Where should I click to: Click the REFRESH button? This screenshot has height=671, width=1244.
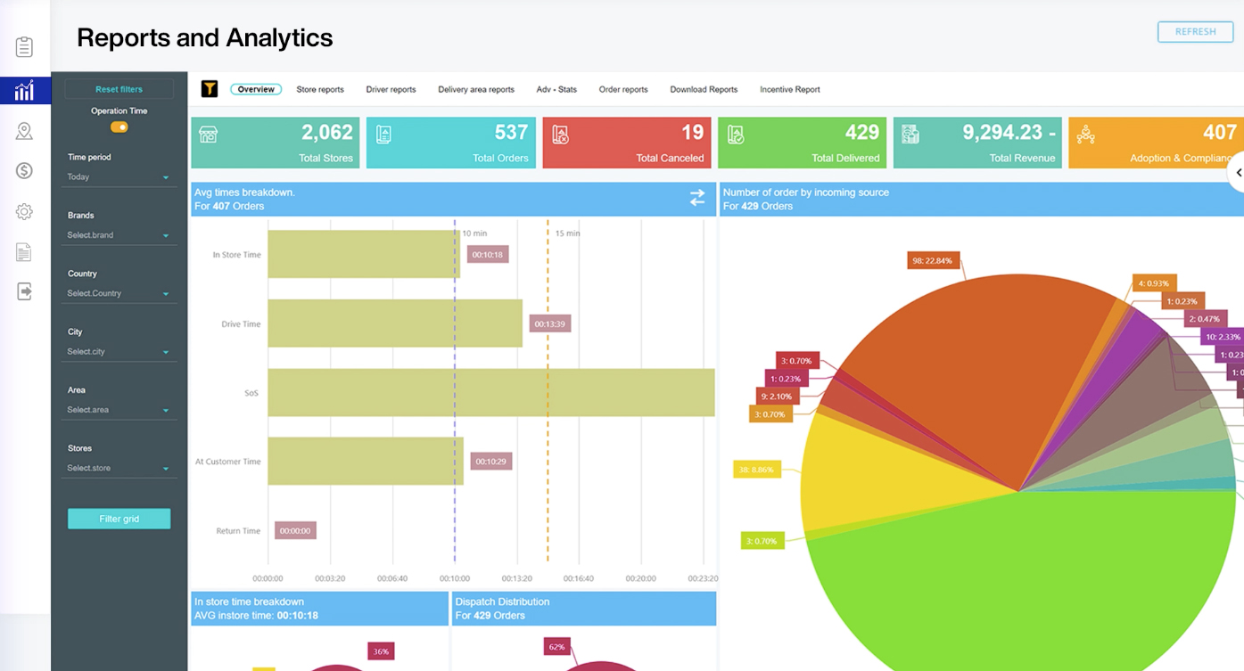(1195, 32)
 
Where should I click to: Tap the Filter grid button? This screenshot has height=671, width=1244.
(119, 519)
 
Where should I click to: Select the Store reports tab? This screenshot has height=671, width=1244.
(320, 89)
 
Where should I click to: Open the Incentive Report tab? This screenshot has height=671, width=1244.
(789, 89)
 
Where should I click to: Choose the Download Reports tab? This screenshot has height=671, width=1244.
(704, 89)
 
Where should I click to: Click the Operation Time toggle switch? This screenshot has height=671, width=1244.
(119, 127)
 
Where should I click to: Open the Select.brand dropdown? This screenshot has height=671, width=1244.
(118, 235)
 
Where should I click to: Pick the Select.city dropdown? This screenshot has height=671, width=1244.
(118, 352)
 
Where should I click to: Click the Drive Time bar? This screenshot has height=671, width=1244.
(394, 323)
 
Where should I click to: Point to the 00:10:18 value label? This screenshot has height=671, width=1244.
(488, 254)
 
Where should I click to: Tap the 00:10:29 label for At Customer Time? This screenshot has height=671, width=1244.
(490, 462)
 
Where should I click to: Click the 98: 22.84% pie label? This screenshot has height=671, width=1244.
(932, 261)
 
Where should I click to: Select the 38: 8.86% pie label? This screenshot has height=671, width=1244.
(756, 468)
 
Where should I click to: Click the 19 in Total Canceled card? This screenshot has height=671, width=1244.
(692, 133)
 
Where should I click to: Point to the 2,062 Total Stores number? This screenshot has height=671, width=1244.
(327, 133)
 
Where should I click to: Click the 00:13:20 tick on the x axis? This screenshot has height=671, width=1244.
(517, 578)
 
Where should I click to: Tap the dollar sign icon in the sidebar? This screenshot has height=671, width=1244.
(24, 171)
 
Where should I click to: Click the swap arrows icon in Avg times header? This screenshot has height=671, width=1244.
(697, 198)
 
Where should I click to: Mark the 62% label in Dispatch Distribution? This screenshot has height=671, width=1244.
(557, 646)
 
